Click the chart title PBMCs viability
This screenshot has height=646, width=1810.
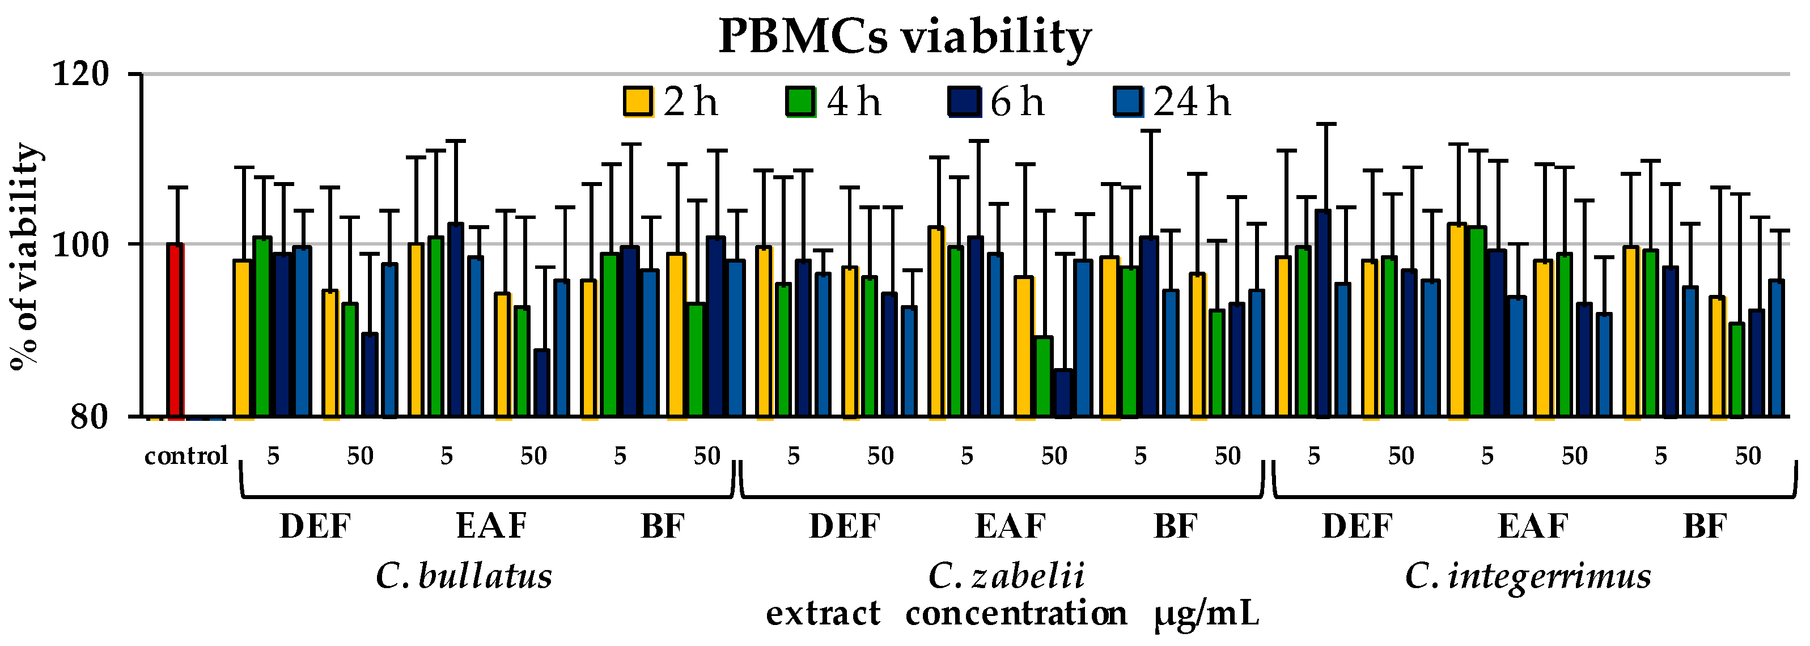[x=904, y=36]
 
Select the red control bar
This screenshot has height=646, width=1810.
[x=176, y=331]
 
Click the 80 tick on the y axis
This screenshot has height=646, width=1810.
[x=88, y=416]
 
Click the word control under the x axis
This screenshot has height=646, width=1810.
[x=186, y=456]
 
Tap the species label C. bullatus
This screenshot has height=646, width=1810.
[x=464, y=576]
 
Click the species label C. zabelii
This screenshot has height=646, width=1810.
[x=1006, y=576]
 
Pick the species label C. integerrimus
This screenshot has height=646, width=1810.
[x=1528, y=576]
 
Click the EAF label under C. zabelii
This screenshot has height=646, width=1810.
[x=1010, y=526]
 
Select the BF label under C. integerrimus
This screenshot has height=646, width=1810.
[x=1705, y=526]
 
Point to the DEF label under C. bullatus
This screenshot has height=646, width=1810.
[x=315, y=526]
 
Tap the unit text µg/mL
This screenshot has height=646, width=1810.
[x=1206, y=614]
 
